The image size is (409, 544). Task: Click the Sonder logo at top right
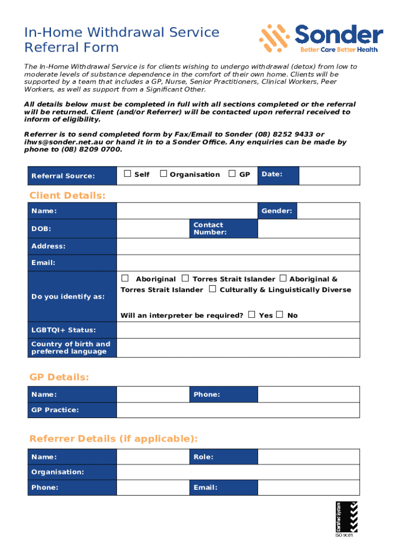click(x=321, y=38)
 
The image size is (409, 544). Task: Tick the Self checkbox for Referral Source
click(x=127, y=174)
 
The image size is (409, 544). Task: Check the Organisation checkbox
click(x=164, y=174)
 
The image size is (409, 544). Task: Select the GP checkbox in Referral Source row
click(x=232, y=174)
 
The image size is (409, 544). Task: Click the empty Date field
click(x=329, y=175)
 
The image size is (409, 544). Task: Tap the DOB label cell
click(x=72, y=229)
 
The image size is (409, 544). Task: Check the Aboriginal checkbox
click(x=125, y=278)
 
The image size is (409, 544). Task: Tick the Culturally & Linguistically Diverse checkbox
click(x=212, y=289)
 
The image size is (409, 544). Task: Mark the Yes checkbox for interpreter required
click(x=252, y=314)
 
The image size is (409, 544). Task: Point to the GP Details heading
click(x=59, y=377)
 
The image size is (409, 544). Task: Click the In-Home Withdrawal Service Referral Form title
click(x=122, y=40)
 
